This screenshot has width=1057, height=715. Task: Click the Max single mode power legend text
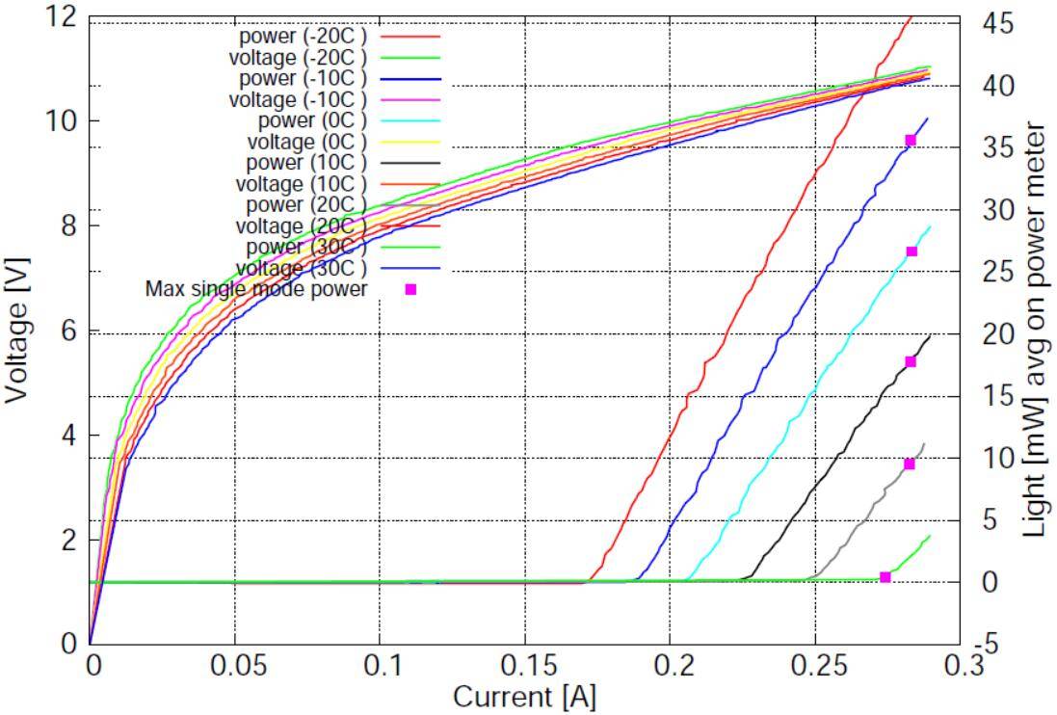coord(256,288)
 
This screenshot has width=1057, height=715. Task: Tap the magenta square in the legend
coord(410,289)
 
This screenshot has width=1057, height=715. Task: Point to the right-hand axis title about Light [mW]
coord(1036,330)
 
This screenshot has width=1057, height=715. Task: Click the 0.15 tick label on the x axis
coord(524,666)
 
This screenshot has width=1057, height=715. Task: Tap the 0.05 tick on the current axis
coord(234,666)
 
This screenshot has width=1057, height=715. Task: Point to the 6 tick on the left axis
coord(68,331)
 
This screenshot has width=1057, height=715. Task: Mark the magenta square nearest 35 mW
coord(911,141)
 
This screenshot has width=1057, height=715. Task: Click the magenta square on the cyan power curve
coord(912,252)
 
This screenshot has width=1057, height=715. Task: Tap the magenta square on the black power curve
coord(911,362)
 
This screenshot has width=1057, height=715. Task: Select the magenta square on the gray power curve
coord(909,463)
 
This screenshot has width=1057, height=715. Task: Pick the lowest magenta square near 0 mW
coord(885,577)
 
